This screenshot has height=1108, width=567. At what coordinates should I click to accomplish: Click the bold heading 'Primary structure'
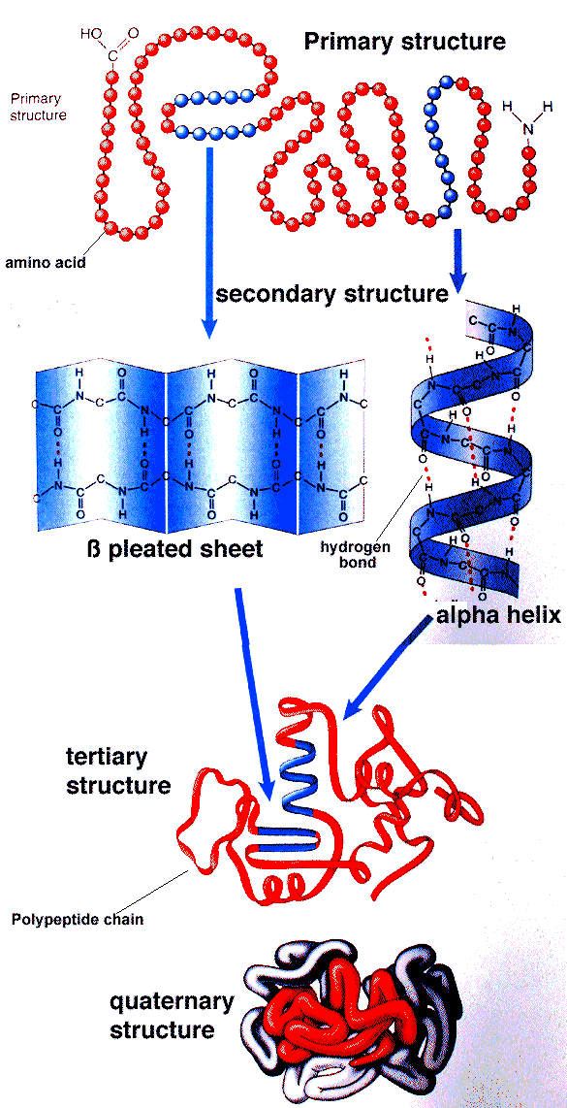point(404,43)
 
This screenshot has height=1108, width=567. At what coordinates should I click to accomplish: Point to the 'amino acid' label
point(47,264)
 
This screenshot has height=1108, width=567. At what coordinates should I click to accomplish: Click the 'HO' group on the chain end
point(92,33)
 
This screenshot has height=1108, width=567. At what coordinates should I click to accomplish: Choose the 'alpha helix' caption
point(498,614)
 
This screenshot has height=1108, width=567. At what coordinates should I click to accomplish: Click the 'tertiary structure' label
point(118,771)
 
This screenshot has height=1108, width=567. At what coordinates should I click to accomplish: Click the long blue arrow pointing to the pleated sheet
point(210,241)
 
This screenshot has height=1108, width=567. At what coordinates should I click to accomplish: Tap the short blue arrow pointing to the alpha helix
point(457,261)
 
